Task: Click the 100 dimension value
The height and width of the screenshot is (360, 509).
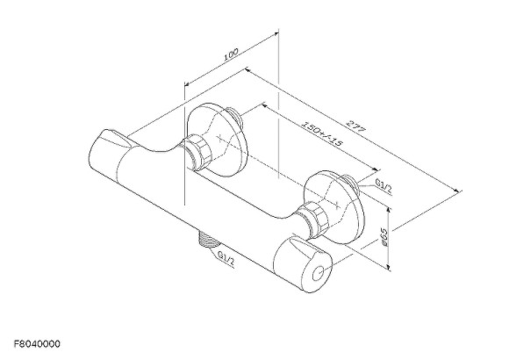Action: (231, 54)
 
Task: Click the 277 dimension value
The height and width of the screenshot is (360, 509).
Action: (355, 126)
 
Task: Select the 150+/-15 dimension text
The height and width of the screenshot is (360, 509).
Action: (322, 133)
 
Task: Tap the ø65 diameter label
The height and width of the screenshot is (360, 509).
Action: (384, 236)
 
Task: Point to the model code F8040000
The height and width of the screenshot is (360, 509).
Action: (37, 343)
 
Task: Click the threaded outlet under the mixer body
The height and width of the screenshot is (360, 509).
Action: (206, 240)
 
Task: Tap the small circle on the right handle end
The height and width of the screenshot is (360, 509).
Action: (319, 274)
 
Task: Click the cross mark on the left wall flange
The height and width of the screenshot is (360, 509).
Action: (220, 138)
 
